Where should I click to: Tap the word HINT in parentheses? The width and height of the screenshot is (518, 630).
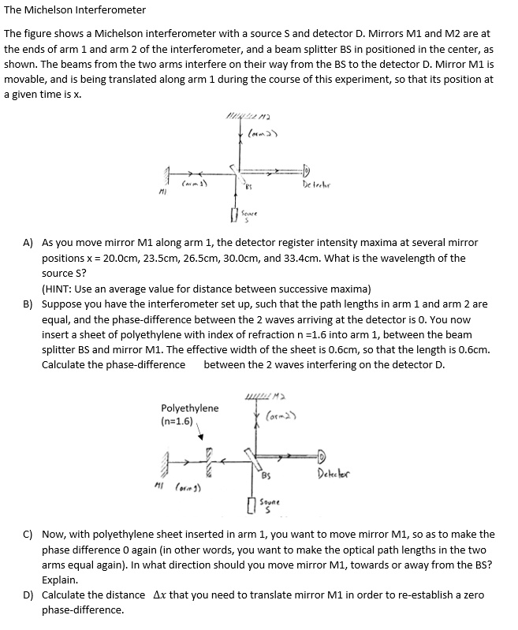point(60,288)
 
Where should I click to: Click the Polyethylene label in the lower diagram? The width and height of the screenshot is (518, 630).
point(189,408)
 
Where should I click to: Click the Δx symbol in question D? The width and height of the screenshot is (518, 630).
point(158,595)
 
